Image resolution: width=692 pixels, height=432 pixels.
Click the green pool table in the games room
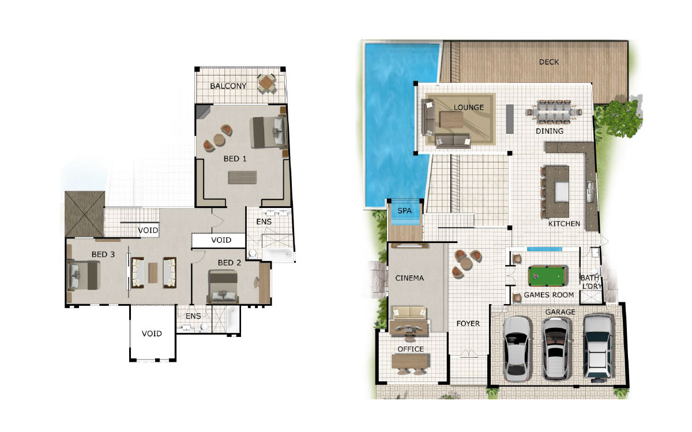[x=548, y=275]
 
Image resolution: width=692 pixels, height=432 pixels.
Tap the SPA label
[x=404, y=211]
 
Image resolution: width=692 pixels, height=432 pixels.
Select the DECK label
[x=548, y=62]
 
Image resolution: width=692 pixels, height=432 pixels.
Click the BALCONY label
[x=228, y=86]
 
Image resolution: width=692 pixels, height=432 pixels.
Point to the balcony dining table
[x=266, y=84]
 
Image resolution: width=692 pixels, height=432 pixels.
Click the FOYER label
[x=468, y=323]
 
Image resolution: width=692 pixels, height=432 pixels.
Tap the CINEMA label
[x=409, y=278]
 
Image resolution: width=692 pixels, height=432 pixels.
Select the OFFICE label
[x=411, y=349]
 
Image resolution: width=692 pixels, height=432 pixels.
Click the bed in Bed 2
[x=223, y=287]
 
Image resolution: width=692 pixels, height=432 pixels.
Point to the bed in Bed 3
[x=84, y=275]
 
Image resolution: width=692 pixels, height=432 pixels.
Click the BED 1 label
[x=235, y=159]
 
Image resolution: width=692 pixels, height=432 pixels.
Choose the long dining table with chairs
[x=554, y=112]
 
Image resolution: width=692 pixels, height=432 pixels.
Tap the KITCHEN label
[x=564, y=223]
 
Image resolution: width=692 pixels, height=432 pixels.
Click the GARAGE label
[x=560, y=312]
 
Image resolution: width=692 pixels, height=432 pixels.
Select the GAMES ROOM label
[x=548, y=295]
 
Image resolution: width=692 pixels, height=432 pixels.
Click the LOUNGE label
[x=468, y=107]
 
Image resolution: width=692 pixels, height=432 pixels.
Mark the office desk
[x=411, y=362]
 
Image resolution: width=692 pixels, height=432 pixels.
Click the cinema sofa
[x=409, y=313]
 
